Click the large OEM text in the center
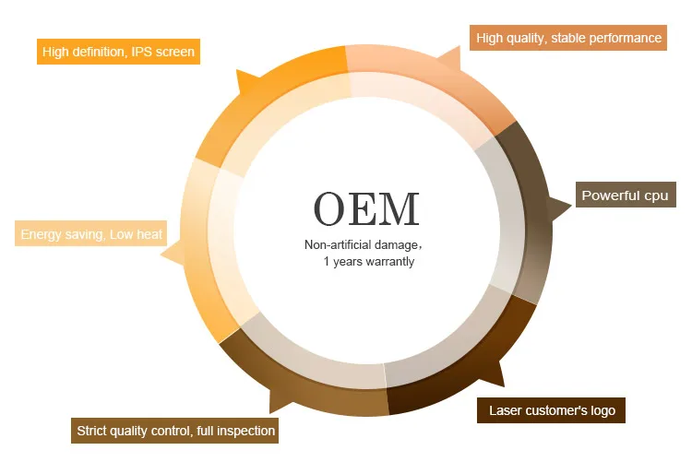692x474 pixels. [x=366, y=209]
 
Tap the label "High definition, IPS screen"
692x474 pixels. [x=118, y=52]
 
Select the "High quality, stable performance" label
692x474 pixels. [x=567, y=38]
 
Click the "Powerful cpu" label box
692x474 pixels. [x=625, y=196]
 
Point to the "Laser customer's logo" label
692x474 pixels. [x=551, y=410]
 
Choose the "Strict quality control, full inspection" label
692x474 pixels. [x=175, y=431]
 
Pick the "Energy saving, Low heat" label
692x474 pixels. [x=91, y=234]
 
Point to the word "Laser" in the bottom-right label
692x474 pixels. [x=505, y=410]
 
